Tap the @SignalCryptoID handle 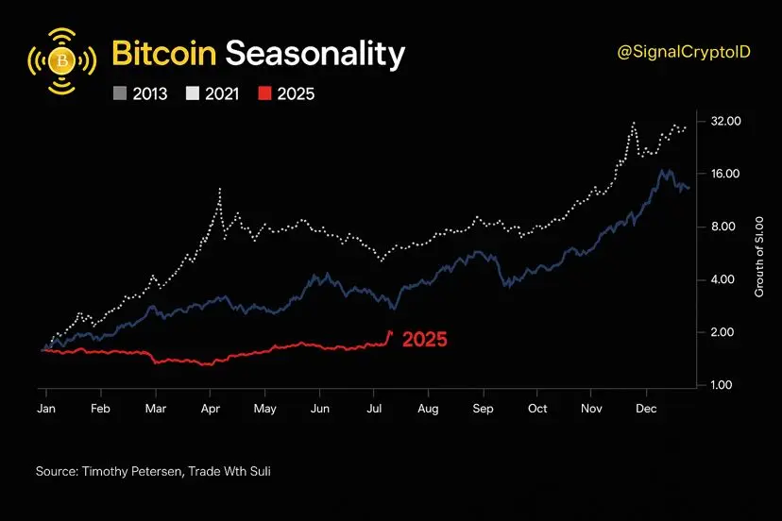(x=685, y=54)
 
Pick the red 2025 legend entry (x=288, y=93)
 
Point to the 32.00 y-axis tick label (x=725, y=122)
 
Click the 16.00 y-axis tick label (x=725, y=174)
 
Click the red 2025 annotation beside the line (x=424, y=340)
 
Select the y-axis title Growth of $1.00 (x=759, y=255)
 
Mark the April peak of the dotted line (x=220, y=190)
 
